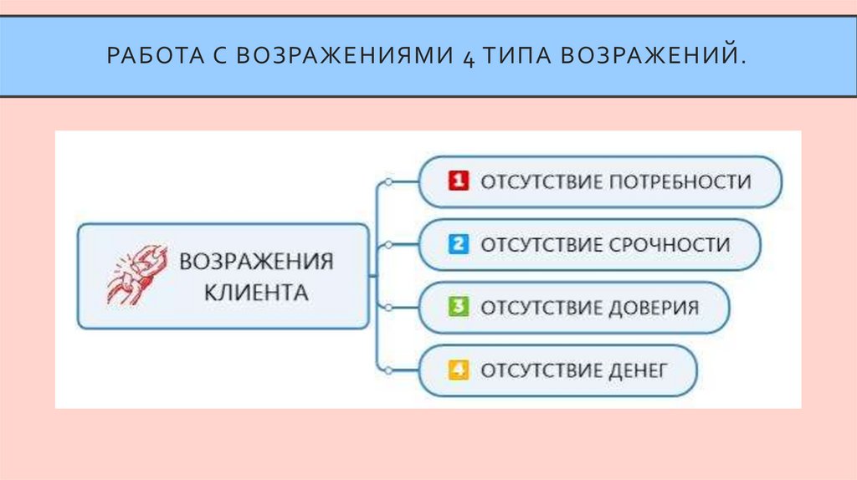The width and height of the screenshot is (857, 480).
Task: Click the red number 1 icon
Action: tap(458, 181)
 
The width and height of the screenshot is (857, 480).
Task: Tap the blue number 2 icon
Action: tap(458, 245)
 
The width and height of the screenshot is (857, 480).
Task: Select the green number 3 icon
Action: tap(458, 307)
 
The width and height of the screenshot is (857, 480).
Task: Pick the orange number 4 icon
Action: tap(458, 370)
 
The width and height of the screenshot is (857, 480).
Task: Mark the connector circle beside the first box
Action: tap(387, 181)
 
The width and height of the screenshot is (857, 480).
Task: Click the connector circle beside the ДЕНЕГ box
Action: tap(387, 369)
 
